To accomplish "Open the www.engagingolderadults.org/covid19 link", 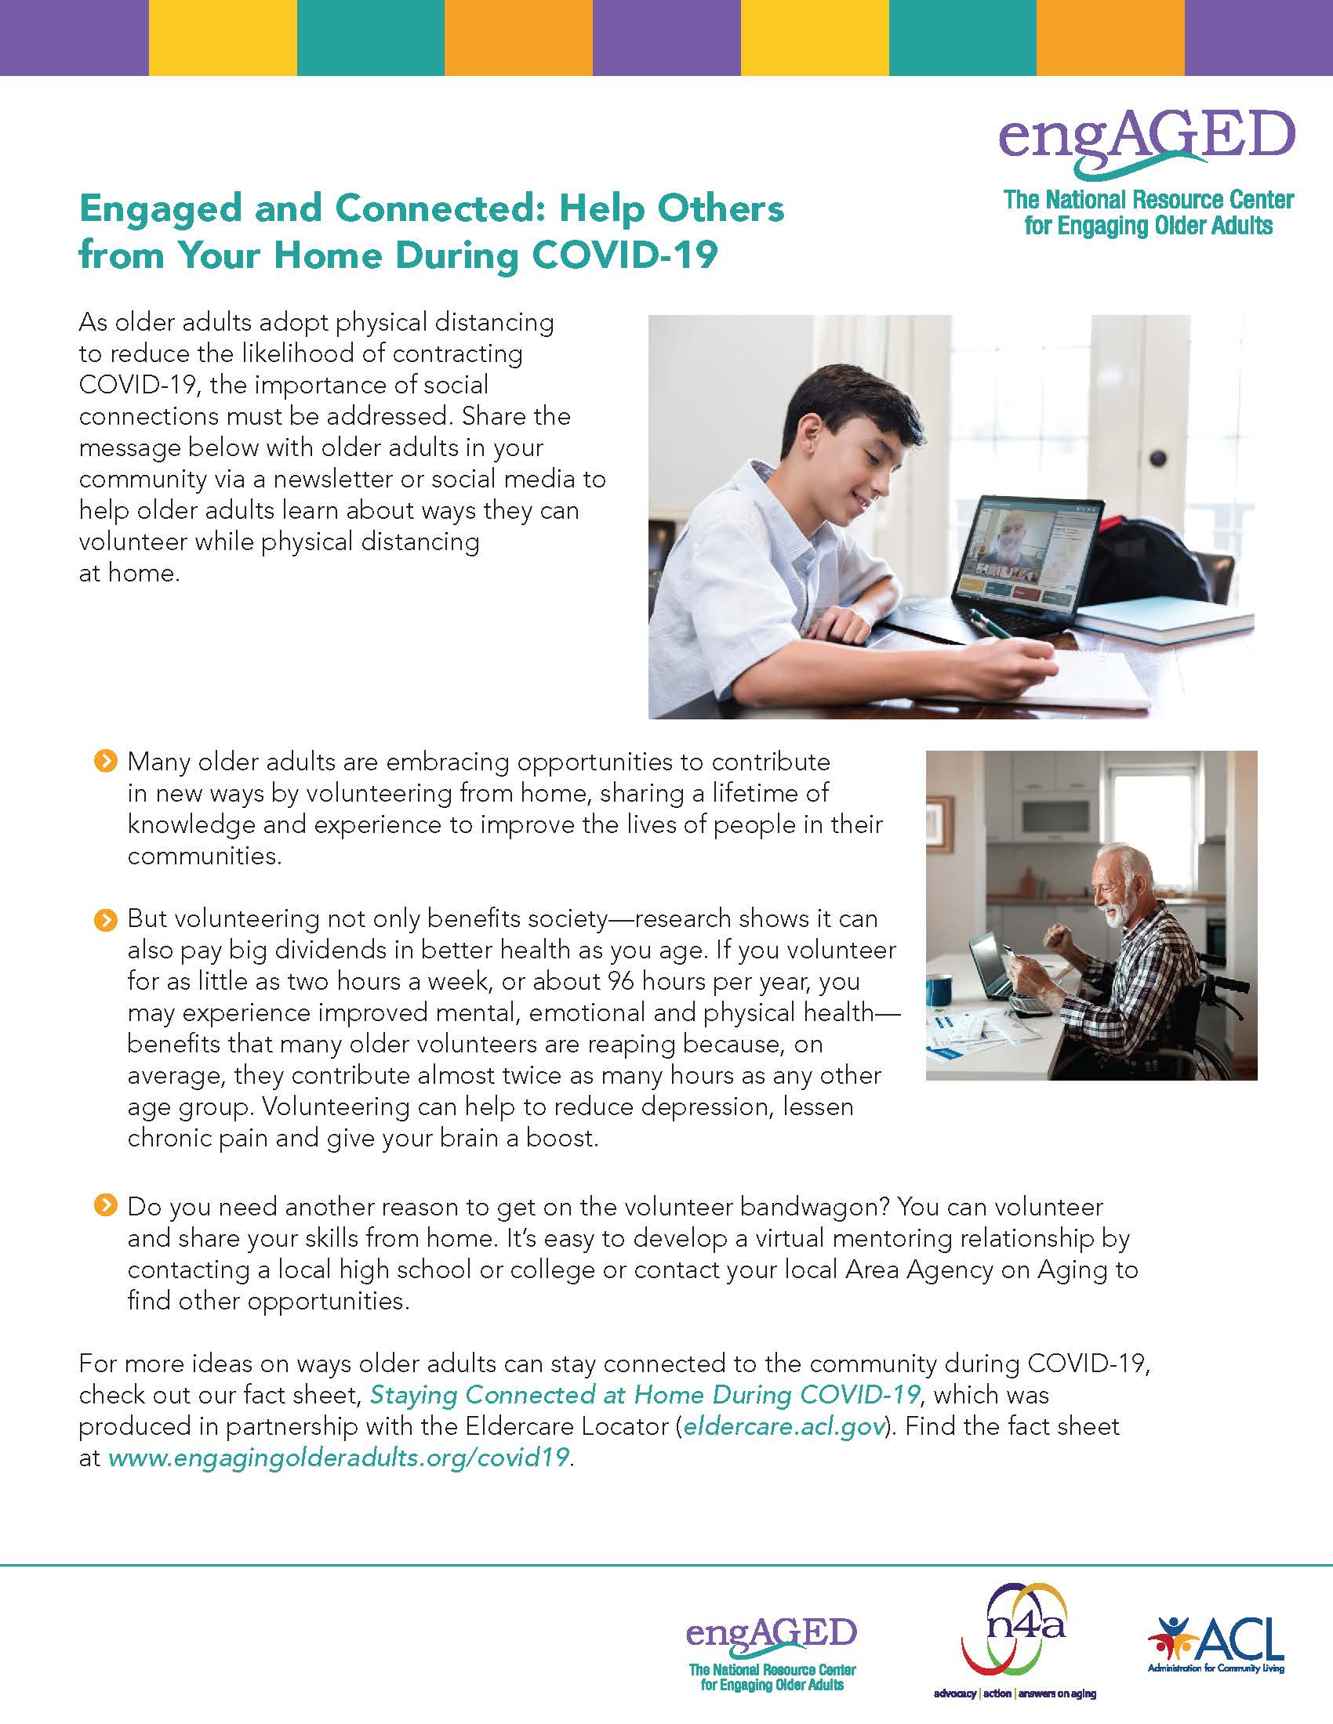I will (x=338, y=1458).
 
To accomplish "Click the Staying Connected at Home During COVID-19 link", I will (x=645, y=1394).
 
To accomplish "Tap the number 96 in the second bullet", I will (x=623, y=981).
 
